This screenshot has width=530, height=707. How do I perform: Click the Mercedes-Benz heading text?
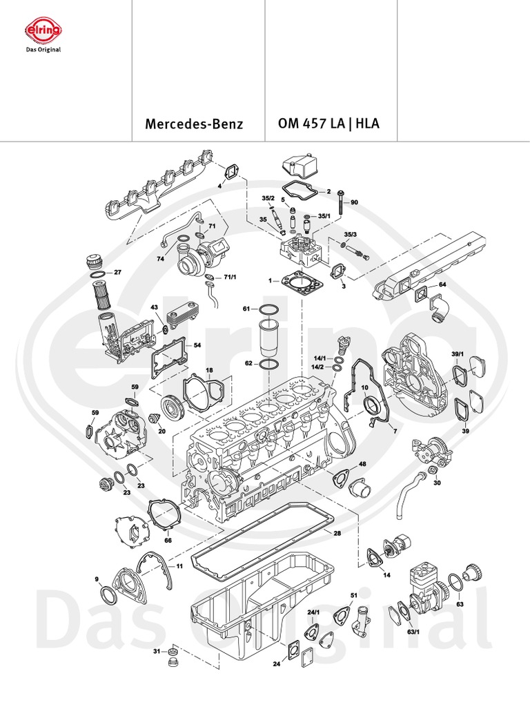point(194,125)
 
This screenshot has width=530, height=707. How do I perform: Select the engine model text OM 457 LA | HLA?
point(328,124)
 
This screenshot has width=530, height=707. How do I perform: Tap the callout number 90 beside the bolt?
point(355,202)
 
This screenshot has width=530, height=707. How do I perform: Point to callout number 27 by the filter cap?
point(117,273)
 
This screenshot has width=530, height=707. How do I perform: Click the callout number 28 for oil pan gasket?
point(337,533)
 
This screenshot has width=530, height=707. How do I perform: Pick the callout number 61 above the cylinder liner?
point(246,309)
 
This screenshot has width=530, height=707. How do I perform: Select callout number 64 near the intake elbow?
point(442,284)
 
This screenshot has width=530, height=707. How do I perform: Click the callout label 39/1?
point(457,353)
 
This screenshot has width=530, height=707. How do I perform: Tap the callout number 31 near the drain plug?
point(156,650)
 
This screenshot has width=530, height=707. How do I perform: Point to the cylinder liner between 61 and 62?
point(268,336)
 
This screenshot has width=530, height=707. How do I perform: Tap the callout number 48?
point(362,464)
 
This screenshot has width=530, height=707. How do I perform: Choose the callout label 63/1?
point(413,631)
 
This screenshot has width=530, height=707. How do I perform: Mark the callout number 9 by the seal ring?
point(97,579)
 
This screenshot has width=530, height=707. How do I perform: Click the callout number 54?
point(197,345)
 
